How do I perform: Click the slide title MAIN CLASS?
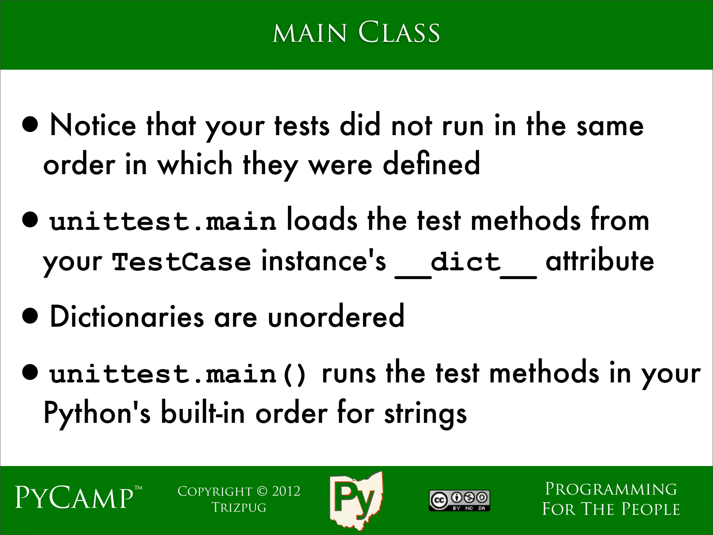[356, 33]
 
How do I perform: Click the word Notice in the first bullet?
[93, 125]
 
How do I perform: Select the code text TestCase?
[181, 262]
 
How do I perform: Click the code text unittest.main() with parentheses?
[178, 374]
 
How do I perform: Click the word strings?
[425, 414]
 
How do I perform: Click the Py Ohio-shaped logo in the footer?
[356, 500]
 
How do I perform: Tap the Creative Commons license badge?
[459, 501]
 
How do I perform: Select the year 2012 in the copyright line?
[286, 491]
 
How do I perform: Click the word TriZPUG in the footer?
[239, 507]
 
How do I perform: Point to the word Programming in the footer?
[611, 489]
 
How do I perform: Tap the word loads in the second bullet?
[322, 221]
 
